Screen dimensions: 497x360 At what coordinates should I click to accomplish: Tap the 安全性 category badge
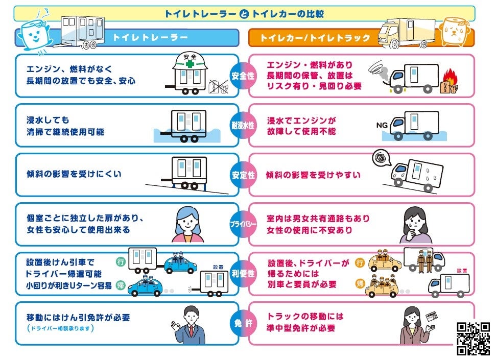click(244, 76)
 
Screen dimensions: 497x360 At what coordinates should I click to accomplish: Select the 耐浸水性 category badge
click(244, 125)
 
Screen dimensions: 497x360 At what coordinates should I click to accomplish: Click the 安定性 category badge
click(244, 175)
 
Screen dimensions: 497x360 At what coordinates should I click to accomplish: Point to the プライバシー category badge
click(244, 224)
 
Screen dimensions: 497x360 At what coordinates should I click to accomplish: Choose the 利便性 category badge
click(244, 274)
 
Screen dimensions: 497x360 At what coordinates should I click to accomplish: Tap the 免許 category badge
click(244, 323)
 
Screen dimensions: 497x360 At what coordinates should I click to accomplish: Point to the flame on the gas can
click(450, 76)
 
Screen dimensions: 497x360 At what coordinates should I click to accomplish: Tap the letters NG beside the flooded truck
click(382, 125)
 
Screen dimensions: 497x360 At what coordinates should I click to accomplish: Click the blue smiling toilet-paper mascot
click(32, 33)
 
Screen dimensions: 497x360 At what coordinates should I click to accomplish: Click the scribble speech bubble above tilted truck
click(380, 158)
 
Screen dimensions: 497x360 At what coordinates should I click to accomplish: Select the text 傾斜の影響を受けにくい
click(74, 174)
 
